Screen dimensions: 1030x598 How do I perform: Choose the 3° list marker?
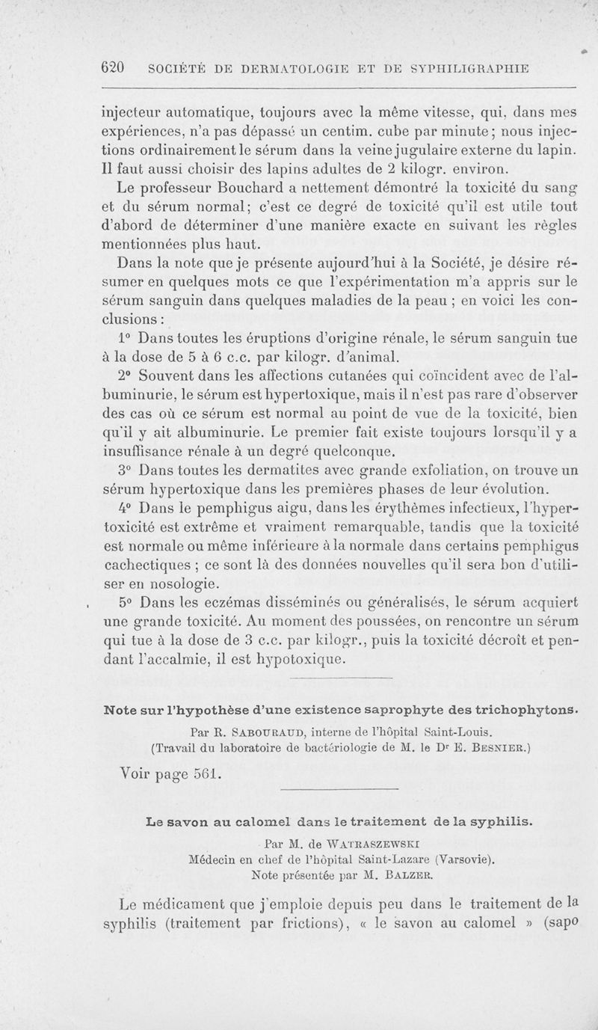(x=126, y=472)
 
